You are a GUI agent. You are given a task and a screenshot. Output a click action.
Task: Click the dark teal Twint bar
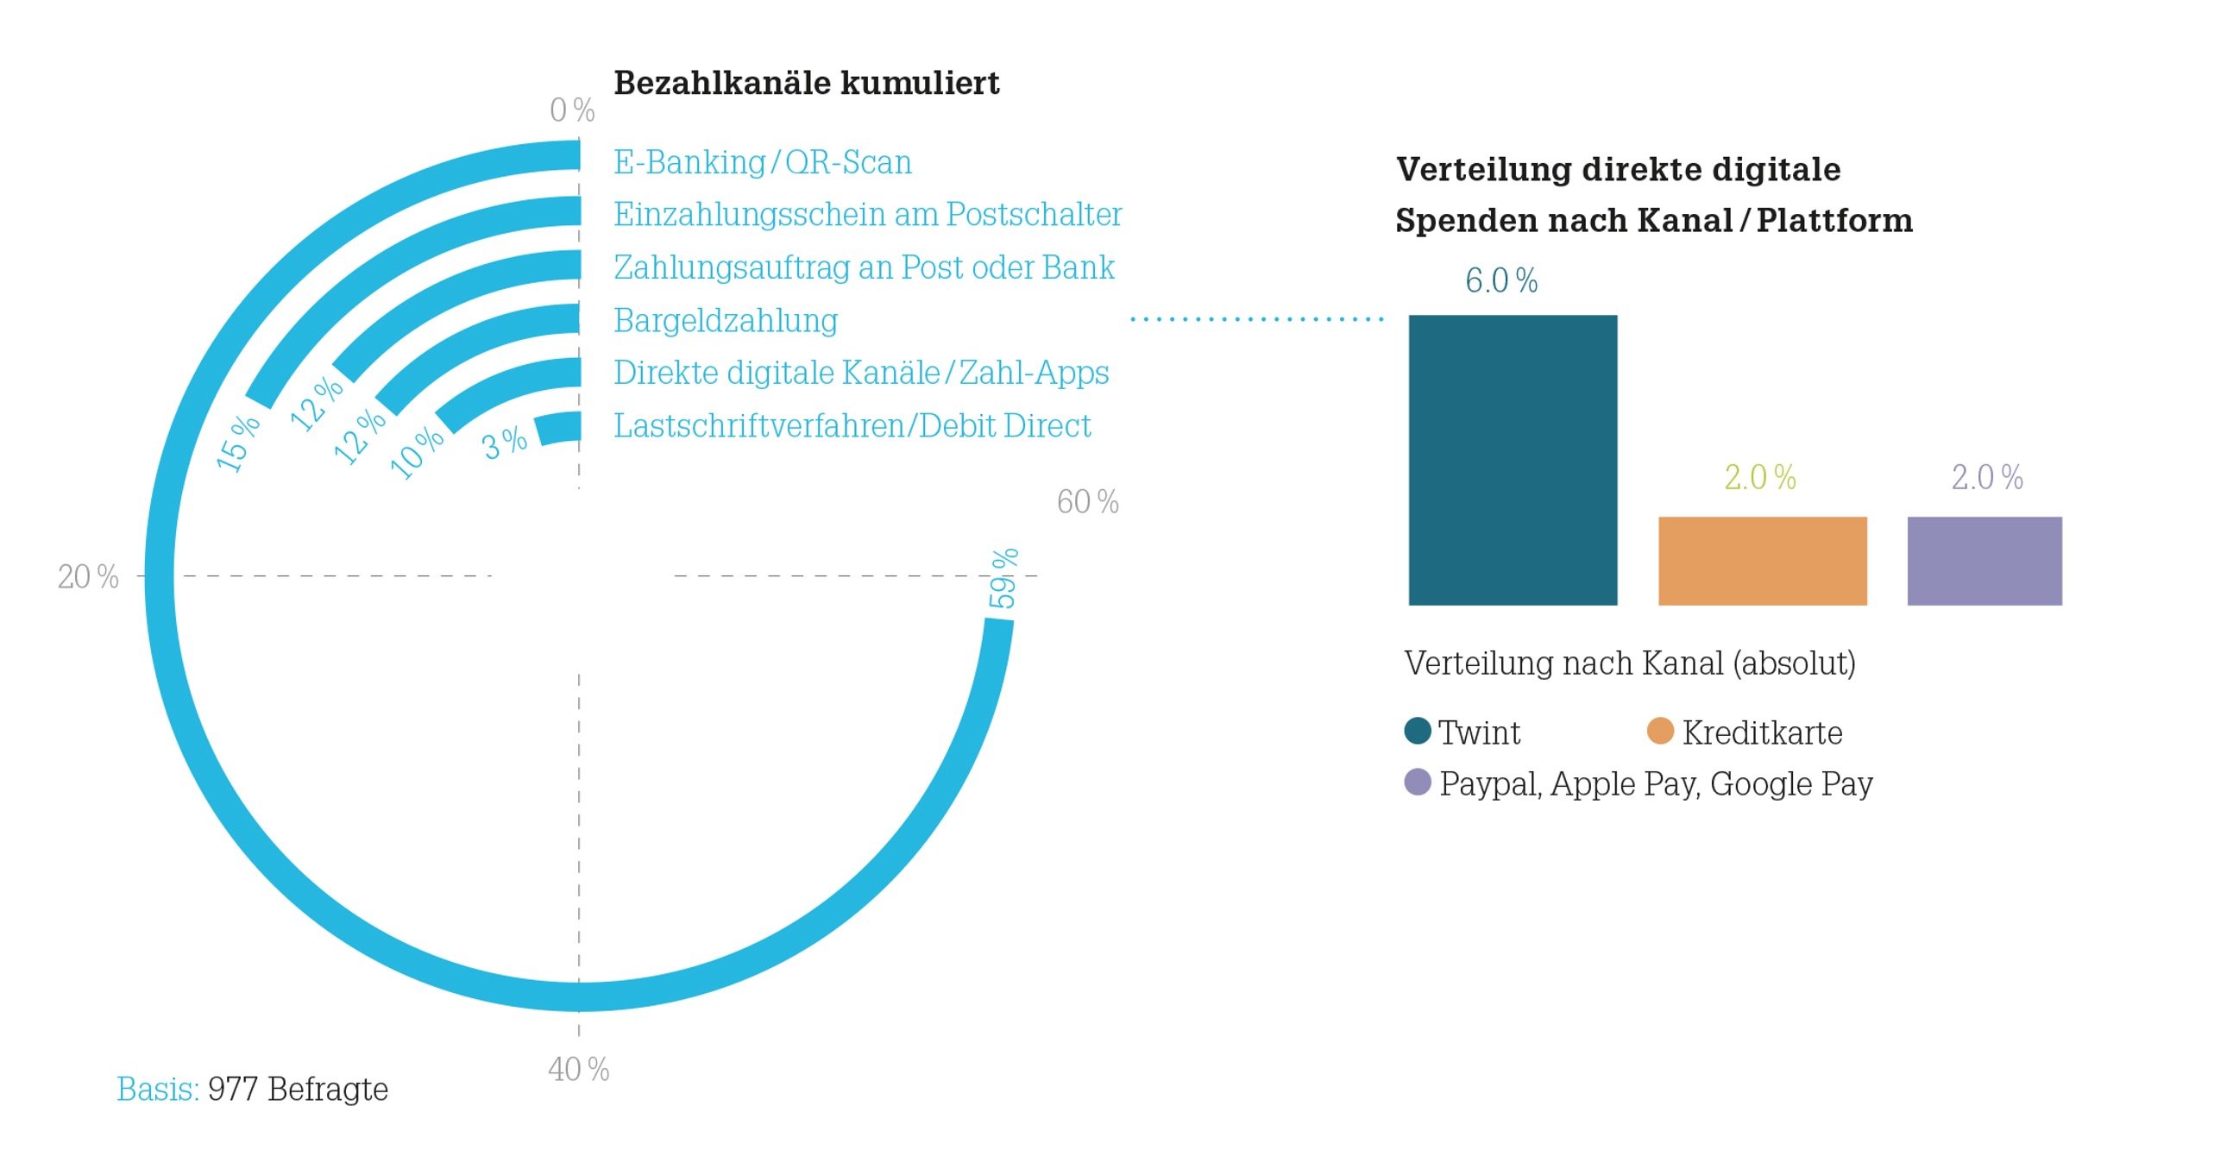(x=1512, y=460)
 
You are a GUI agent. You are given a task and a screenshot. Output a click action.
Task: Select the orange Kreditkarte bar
(x=1762, y=561)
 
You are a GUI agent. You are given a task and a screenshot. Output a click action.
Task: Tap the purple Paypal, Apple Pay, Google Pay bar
(x=1984, y=561)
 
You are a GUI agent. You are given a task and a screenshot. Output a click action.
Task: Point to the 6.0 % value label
(x=1501, y=281)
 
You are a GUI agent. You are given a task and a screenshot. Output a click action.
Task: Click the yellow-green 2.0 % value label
(x=1759, y=477)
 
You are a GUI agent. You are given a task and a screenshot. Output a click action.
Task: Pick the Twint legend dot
(x=1418, y=731)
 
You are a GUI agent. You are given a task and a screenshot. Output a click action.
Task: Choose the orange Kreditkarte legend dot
(x=1660, y=731)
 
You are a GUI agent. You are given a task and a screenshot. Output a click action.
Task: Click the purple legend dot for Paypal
(x=1418, y=782)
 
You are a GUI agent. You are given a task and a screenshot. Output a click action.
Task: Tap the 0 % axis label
(x=572, y=110)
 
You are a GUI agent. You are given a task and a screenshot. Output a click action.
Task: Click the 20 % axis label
(x=88, y=577)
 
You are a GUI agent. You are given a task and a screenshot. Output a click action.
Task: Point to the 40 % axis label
(x=578, y=1070)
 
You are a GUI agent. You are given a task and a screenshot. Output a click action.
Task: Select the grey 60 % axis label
(x=1087, y=502)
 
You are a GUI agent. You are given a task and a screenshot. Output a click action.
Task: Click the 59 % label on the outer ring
(x=1003, y=578)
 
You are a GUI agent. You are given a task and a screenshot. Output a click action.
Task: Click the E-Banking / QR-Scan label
(x=762, y=162)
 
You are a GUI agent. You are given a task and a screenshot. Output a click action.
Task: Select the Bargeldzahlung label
(x=726, y=321)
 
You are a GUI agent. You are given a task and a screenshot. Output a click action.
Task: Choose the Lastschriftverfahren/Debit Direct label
(x=852, y=426)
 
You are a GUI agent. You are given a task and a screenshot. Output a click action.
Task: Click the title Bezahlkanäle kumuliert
(x=806, y=84)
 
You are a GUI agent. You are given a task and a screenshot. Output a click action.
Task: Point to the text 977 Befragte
(x=298, y=1090)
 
